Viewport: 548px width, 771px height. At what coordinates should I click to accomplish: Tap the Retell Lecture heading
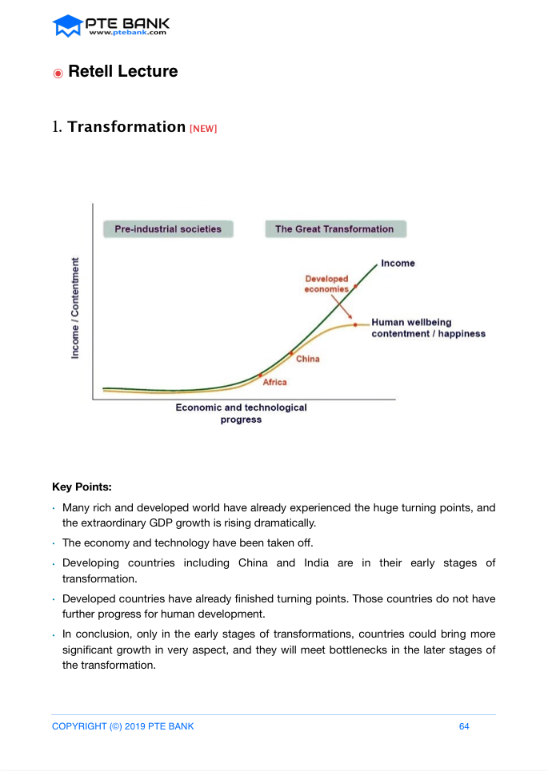123,71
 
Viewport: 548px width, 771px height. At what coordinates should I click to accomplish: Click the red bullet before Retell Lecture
58,74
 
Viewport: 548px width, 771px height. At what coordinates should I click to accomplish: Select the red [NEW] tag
203,129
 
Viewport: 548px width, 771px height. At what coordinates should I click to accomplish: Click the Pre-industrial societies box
168,229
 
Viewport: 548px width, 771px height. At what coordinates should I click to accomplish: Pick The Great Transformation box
334,229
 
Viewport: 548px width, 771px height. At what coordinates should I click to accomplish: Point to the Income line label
398,263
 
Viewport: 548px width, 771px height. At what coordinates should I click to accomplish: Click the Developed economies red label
326,284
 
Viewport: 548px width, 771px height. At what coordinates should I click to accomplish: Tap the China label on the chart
307,359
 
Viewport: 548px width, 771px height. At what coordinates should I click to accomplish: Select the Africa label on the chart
274,382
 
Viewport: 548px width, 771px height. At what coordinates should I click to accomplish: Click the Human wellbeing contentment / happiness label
428,328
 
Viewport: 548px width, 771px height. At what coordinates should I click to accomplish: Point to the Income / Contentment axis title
75,308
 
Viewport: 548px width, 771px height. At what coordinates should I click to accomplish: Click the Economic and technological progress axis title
241,413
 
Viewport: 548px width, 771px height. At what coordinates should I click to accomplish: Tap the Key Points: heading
82,486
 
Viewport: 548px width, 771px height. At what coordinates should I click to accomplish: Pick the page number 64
464,726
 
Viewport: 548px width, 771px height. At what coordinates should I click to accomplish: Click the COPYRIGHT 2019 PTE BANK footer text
122,726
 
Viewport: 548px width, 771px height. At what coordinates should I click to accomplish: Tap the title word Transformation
126,127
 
